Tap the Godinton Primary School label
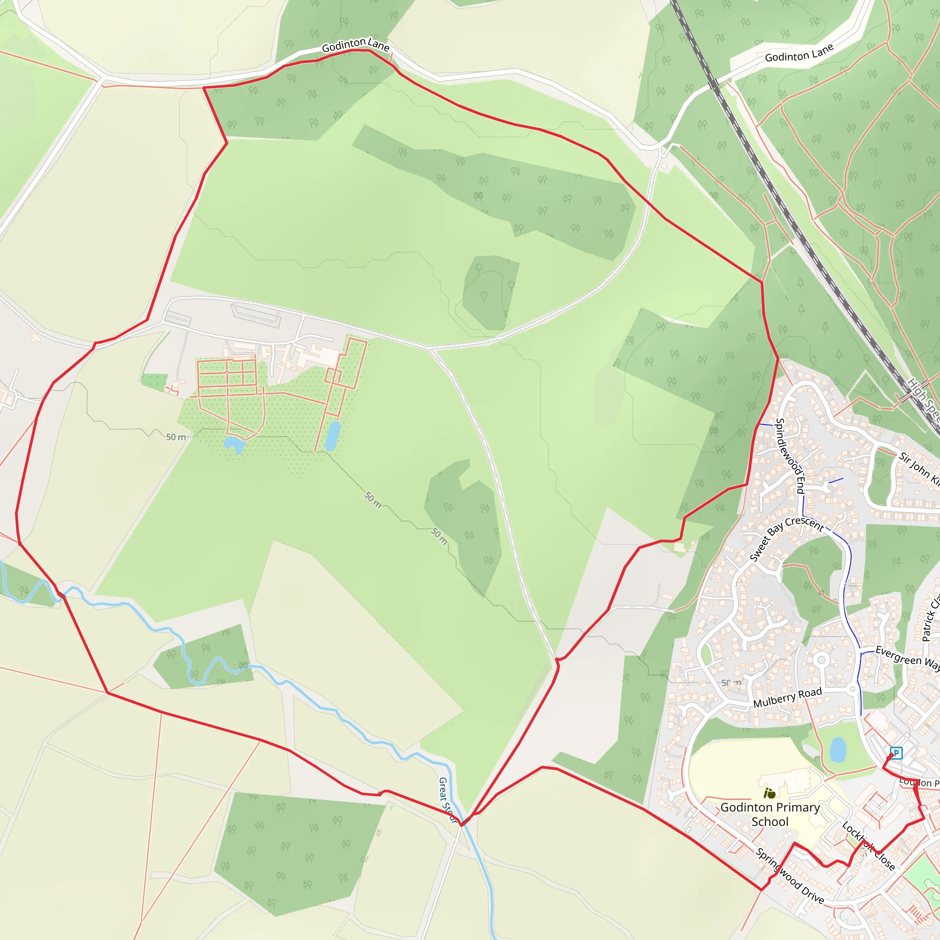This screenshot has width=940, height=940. coord(770,815)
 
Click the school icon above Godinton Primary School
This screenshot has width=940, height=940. coord(769,794)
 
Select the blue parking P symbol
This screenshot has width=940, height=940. coord(896,753)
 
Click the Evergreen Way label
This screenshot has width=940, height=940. coord(907,657)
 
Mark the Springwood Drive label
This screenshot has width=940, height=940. coord(790,876)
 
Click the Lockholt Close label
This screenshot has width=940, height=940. coord(868,846)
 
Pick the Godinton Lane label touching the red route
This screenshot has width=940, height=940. coord(356,45)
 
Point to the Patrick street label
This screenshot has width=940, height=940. coord(931,618)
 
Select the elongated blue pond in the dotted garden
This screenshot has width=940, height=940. coord(333,436)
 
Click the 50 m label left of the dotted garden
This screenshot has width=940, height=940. coord(176,437)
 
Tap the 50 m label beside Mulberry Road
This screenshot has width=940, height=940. coord(731,683)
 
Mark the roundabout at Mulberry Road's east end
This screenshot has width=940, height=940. coord(852,689)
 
